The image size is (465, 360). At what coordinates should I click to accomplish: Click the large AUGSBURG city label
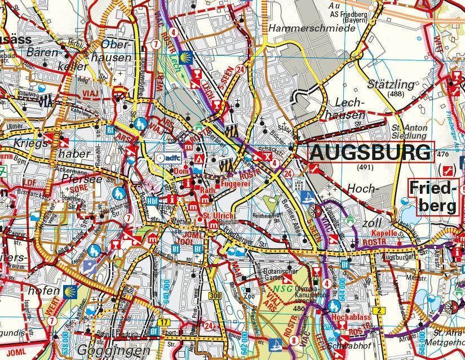[371, 152]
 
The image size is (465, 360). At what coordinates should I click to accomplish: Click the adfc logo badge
[167, 158]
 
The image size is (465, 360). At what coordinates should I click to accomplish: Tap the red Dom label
[181, 171]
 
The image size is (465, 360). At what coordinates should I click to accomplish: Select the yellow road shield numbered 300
[213, 296]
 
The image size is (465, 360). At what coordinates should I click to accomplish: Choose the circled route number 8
[294, 340]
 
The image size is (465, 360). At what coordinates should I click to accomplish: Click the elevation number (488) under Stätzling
[396, 94]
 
